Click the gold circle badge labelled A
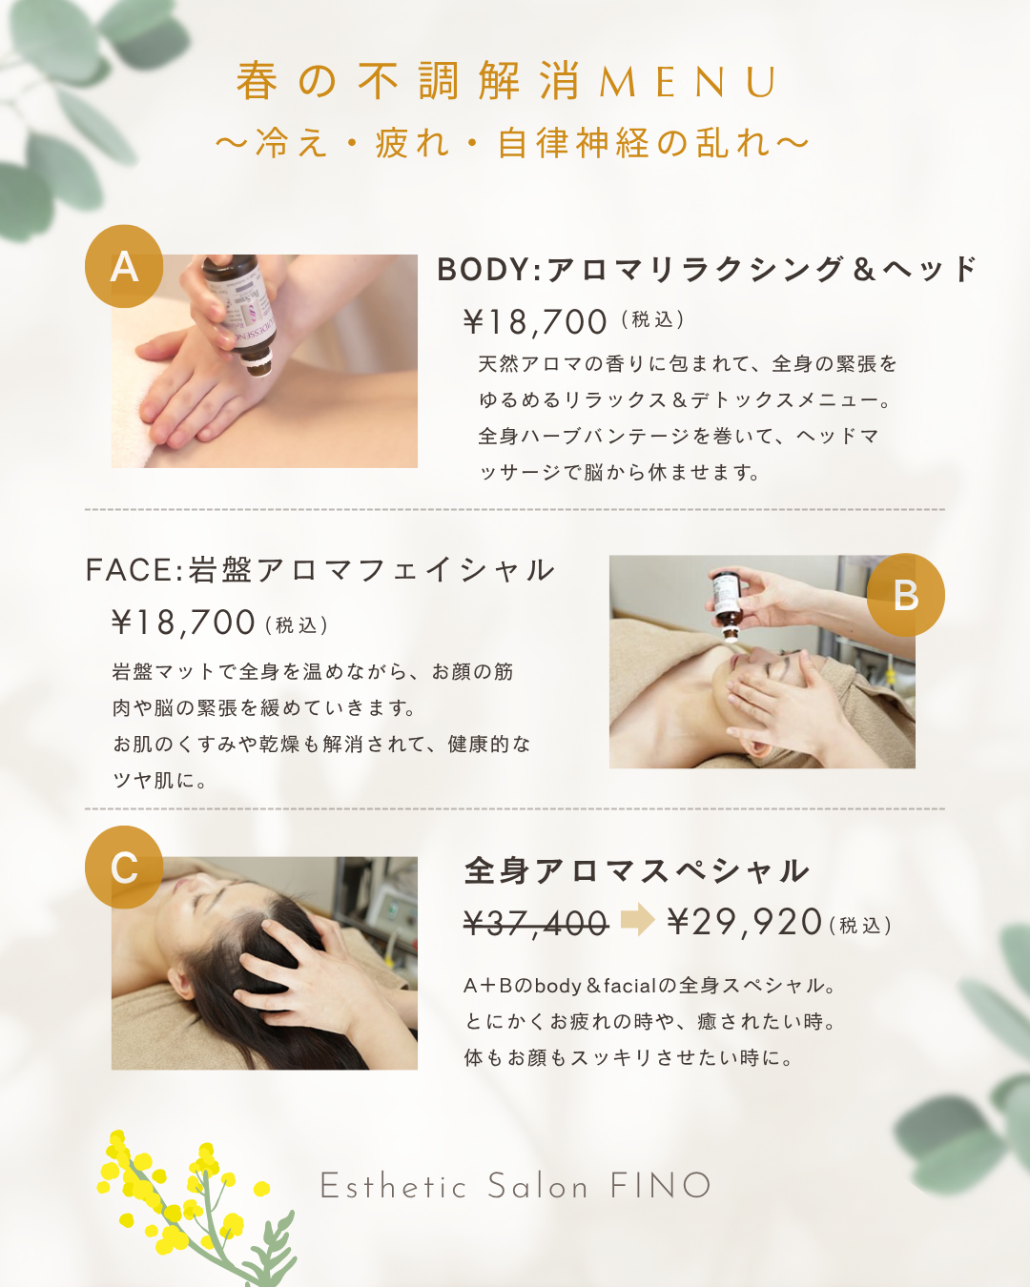tap(124, 266)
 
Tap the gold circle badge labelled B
tap(905, 595)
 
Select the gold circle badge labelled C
tap(124, 868)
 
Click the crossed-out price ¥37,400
tap(536, 924)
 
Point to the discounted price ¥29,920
tap(745, 922)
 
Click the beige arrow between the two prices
tap(638, 919)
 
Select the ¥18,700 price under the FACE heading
tap(184, 622)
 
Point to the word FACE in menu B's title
tap(130, 570)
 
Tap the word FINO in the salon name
tap(661, 1185)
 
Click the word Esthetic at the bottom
tap(393, 1185)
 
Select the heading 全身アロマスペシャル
tap(637, 870)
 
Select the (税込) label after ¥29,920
tap(860, 926)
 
